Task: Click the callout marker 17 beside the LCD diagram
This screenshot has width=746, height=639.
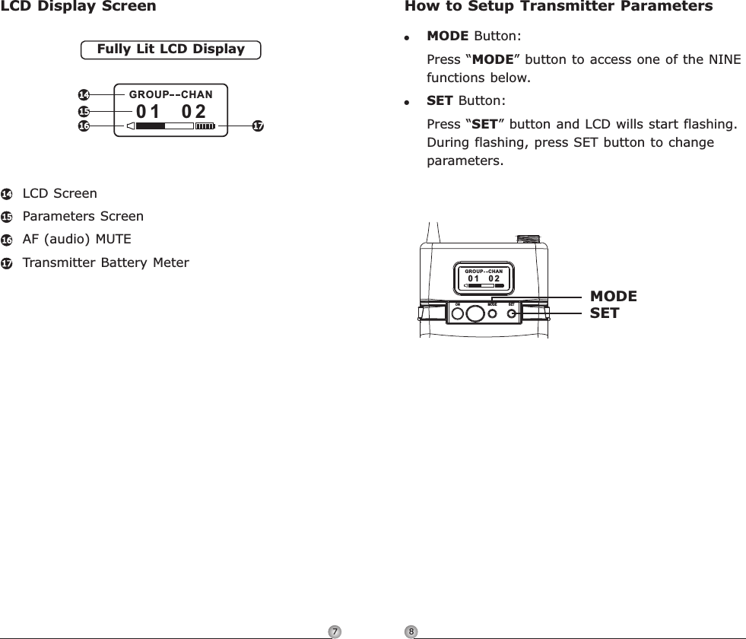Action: (257, 126)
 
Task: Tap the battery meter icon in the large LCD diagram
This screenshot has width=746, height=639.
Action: (205, 126)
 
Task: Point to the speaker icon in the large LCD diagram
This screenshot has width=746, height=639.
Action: (131, 126)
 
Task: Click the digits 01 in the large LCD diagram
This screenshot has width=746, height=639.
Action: (148, 112)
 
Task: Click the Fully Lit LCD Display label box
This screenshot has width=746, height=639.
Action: (170, 49)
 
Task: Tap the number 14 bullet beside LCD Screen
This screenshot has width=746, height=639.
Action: (7, 194)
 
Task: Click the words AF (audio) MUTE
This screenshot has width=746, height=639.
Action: (77, 240)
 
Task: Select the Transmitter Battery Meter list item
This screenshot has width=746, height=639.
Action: (106, 263)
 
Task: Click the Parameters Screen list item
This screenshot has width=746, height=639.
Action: (83, 217)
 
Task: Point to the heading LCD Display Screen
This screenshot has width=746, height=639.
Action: (78, 7)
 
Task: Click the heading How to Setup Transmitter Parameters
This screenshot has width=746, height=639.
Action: (559, 7)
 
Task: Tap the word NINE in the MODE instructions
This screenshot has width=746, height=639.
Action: (724, 59)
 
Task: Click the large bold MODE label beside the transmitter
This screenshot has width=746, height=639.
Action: (614, 297)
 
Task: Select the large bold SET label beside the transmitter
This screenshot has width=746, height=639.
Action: (605, 313)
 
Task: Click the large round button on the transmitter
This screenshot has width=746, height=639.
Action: (475, 313)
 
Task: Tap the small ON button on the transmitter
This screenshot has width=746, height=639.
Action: (458, 313)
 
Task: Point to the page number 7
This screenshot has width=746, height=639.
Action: (333, 631)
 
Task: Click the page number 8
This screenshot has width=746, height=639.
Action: (411, 631)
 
